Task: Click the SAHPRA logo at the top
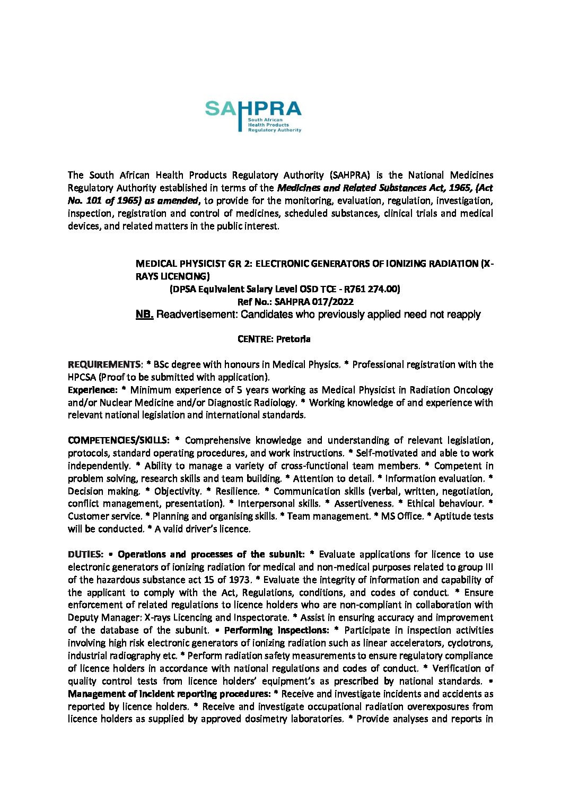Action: (x=253, y=116)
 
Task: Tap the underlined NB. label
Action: (x=144, y=315)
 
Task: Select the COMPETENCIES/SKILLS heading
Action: (x=118, y=440)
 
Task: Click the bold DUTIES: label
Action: (x=85, y=554)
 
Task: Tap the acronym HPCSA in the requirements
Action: (x=82, y=377)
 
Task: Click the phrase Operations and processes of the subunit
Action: (x=210, y=554)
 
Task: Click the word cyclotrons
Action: (x=470, y=643)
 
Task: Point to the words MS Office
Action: (x=401, y=516)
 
